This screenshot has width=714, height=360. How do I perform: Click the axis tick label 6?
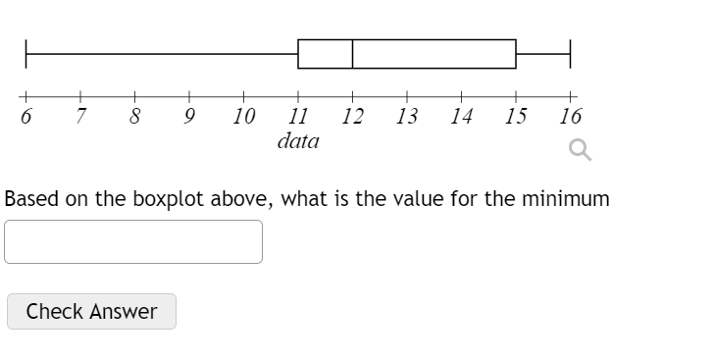coord(26,117)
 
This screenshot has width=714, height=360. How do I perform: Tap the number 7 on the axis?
coord(81,117)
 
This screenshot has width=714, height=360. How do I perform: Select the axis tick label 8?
coord(136,117)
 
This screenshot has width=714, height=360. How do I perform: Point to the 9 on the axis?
coord(190,117)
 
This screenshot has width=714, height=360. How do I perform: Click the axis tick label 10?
coord(244,117)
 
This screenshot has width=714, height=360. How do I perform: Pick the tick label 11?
coord(298,117)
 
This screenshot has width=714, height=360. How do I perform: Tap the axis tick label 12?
coord(353,117)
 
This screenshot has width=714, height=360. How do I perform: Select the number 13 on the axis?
coord(407,117)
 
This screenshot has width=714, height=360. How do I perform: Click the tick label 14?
coord(461,117)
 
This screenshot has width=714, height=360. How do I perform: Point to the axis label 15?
coord(515,117)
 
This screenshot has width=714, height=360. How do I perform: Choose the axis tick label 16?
coord(570,117)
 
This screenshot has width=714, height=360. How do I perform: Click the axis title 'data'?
coord(298,141)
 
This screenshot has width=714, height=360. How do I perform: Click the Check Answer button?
coord(91,312)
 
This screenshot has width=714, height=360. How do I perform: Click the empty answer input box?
coord(133,241)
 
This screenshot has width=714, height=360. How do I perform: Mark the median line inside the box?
coord(352,54)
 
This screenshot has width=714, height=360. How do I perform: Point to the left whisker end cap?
coord(26,54)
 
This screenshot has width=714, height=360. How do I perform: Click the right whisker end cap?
coord(570,54)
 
